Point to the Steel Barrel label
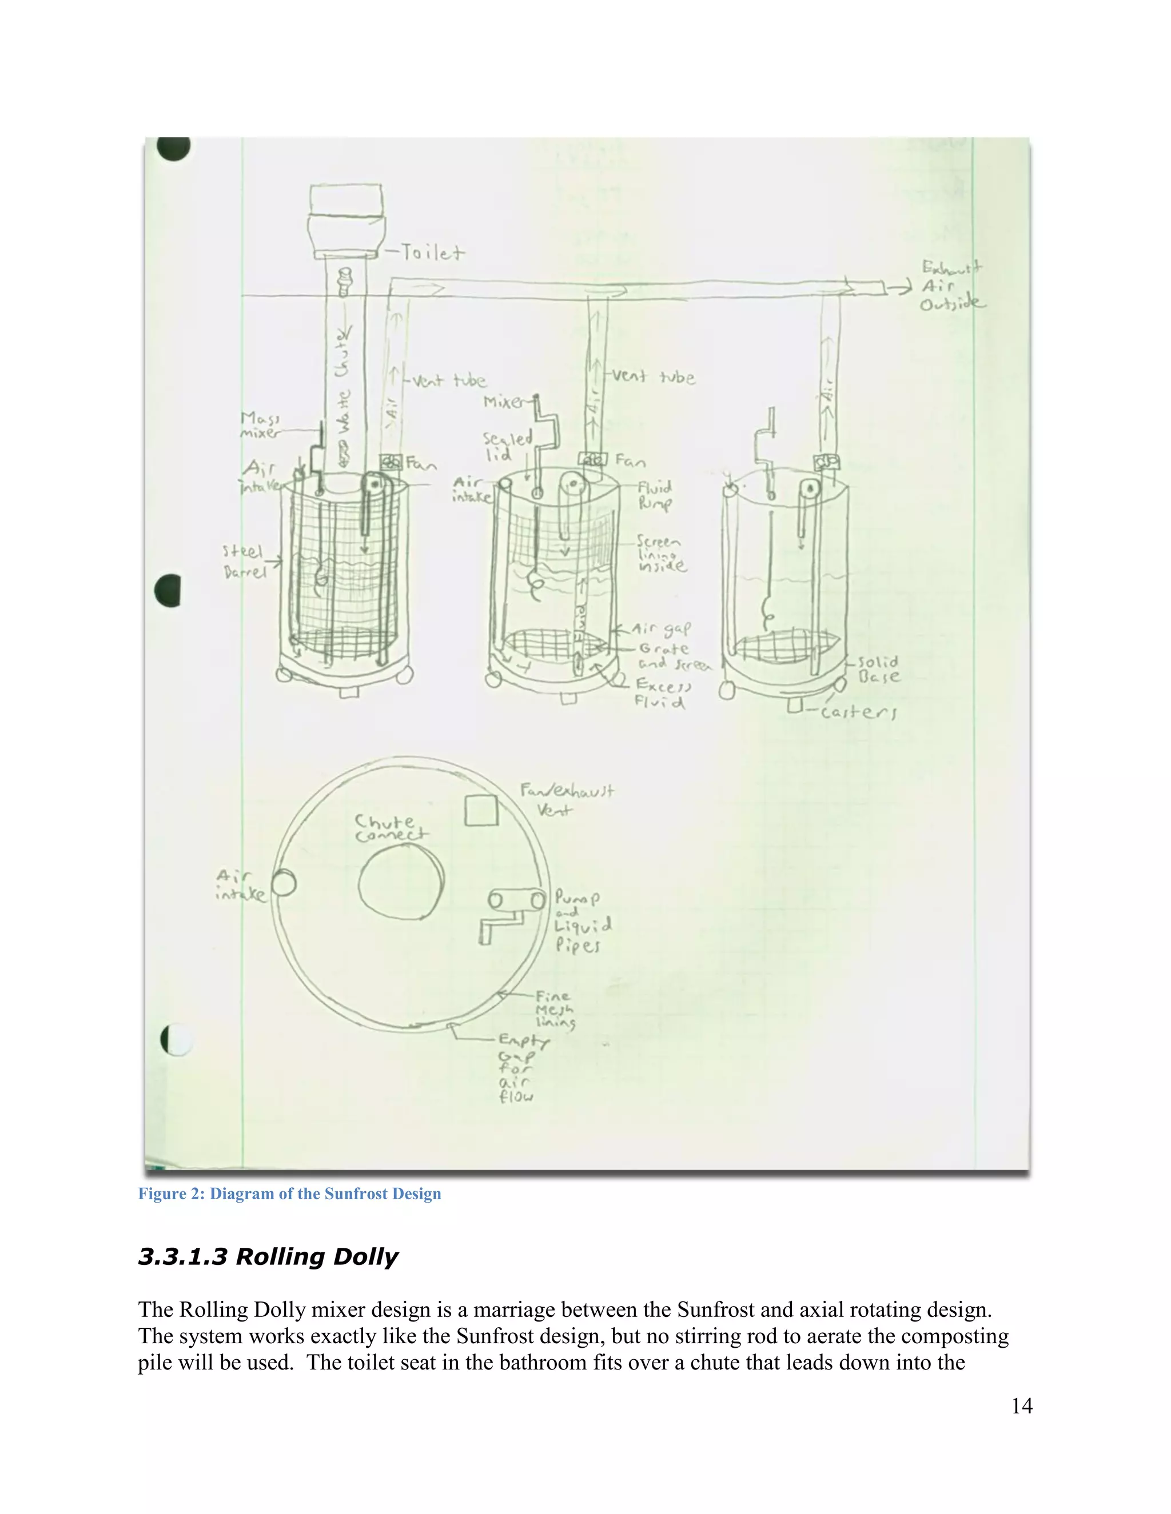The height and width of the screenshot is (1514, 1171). (x=244, y=561)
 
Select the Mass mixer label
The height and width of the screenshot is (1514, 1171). (x=260, y=425)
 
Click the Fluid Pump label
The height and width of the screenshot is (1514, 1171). (x=655, y=495)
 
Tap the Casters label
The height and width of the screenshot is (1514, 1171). (x=858, y=712)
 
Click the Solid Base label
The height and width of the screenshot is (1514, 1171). (x=878, y=669)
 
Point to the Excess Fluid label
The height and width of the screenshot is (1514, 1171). (x=663, y=693)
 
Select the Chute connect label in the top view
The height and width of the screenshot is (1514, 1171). (x=391, y=828)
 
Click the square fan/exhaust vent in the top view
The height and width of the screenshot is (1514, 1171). (x=481, y=810)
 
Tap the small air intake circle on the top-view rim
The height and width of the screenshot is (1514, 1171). (x=283, y=883)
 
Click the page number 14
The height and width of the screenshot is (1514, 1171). (x=1021, y=1406)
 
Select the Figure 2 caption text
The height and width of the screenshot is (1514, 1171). (x=289, y=1193)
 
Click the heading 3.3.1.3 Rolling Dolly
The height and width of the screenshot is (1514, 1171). (x=268, y=1257)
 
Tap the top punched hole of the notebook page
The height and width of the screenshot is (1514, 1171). (x=173, y=147)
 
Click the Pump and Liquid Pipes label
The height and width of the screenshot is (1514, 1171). (x=581, y=922)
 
